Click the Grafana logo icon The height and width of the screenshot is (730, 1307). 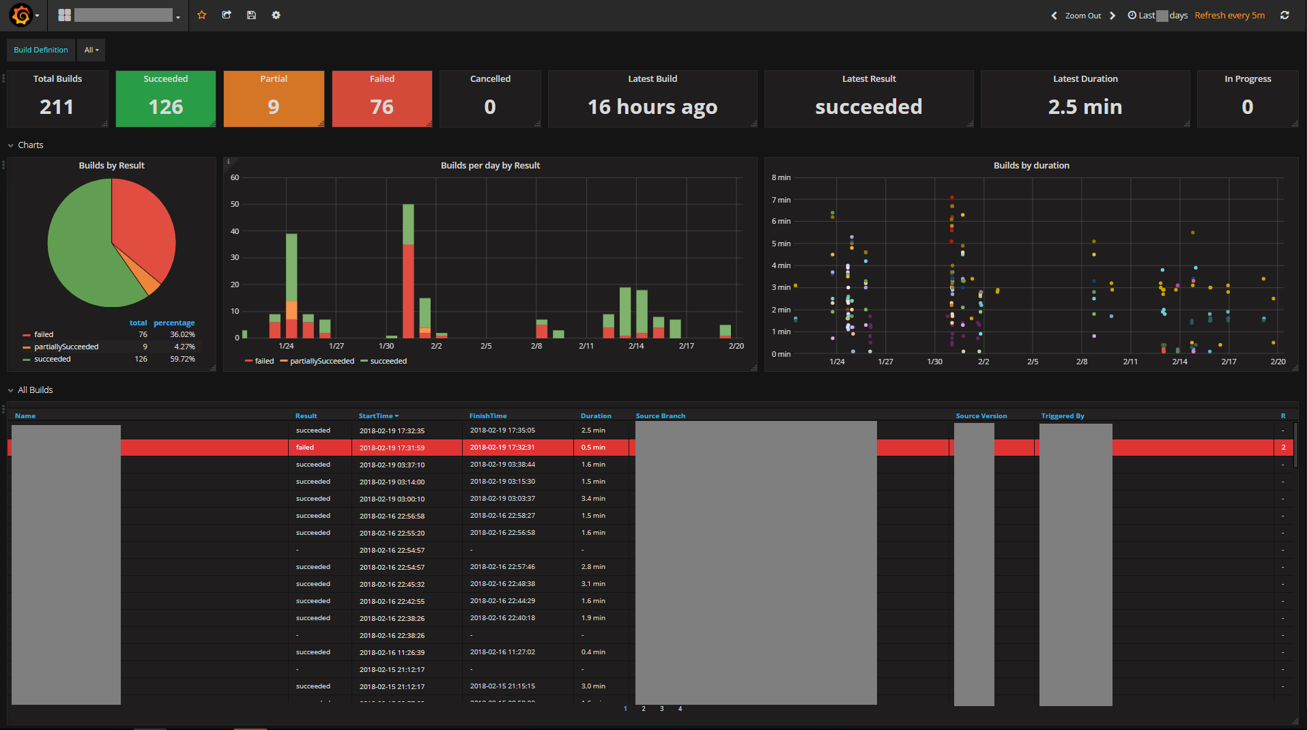pyautogui.click(x=21, y=15)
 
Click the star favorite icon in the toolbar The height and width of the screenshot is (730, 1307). pyautogui.click(x=202, y=15)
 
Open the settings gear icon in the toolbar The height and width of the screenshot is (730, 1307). pyautogui.click(x=276, y=15)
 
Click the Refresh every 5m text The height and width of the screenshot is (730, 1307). pyautogui.click(x=1229, y=15)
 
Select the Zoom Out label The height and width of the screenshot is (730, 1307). pyautogui.click(x=1082, y=16)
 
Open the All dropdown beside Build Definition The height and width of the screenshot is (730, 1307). pyautogui.click(x=91, y=50)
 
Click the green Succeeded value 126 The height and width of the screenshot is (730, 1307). pyautogui.click(x=166, y=107)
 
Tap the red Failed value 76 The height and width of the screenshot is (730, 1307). pyautogui.click(x=382, y=107)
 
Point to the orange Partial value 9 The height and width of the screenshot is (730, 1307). pyautogui.click(x=274, y=107)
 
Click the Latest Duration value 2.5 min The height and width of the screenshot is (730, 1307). pyautogui.click(x=1085, y=107)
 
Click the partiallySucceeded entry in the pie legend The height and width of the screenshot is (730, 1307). pyautogui.click(x=66, y=347)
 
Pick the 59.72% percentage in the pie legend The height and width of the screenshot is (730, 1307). pyautogui.click(x=182, y=359)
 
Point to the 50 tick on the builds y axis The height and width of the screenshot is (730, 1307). pyautogui.click(x=235, y=204)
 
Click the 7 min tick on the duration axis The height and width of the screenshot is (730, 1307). pyautogui.click(x=781, y=200)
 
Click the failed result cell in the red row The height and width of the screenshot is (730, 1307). pyautogui.click(x=305, y=448)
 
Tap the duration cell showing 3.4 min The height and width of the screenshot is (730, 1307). pyautogui.click(x=593, y=499)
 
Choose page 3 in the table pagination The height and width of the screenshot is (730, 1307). pyautogui.click(x=662, y=708)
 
